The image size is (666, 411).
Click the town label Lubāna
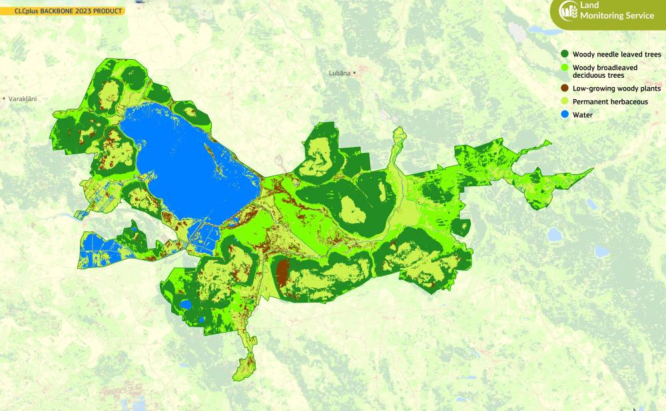339,73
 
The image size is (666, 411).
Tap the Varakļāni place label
22,99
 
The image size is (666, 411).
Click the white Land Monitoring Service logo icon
568,11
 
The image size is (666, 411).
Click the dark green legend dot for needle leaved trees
565,55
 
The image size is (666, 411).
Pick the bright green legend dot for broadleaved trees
565,68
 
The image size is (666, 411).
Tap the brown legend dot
565,88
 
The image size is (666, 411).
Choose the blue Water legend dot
565,115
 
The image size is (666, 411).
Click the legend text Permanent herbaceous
610,102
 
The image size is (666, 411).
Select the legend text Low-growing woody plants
617,88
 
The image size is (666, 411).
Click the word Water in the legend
583,115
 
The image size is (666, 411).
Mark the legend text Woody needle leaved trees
617,55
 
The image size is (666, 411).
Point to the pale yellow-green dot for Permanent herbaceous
565,102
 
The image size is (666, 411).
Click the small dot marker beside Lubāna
355,73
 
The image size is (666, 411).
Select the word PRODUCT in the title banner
107,11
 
